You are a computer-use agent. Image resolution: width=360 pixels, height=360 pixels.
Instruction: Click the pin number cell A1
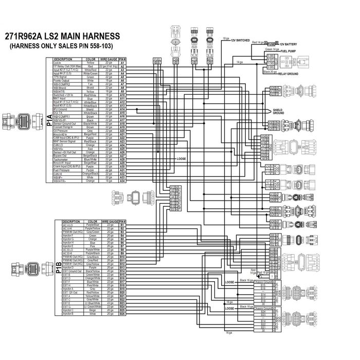(123, 63)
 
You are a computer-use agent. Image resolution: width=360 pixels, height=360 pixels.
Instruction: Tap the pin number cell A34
(123, 181)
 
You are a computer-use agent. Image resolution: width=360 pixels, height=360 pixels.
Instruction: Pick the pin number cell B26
(123, 314)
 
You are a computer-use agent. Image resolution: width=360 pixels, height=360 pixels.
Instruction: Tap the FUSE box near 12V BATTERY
(272, 44)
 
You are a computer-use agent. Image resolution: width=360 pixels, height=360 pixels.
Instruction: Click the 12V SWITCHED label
(240, 40)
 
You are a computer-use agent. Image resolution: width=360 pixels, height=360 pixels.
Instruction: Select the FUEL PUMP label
(290, 52)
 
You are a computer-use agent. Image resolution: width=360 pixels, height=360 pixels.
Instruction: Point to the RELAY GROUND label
(289, 73)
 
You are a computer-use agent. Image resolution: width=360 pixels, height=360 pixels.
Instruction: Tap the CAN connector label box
(175, 60)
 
